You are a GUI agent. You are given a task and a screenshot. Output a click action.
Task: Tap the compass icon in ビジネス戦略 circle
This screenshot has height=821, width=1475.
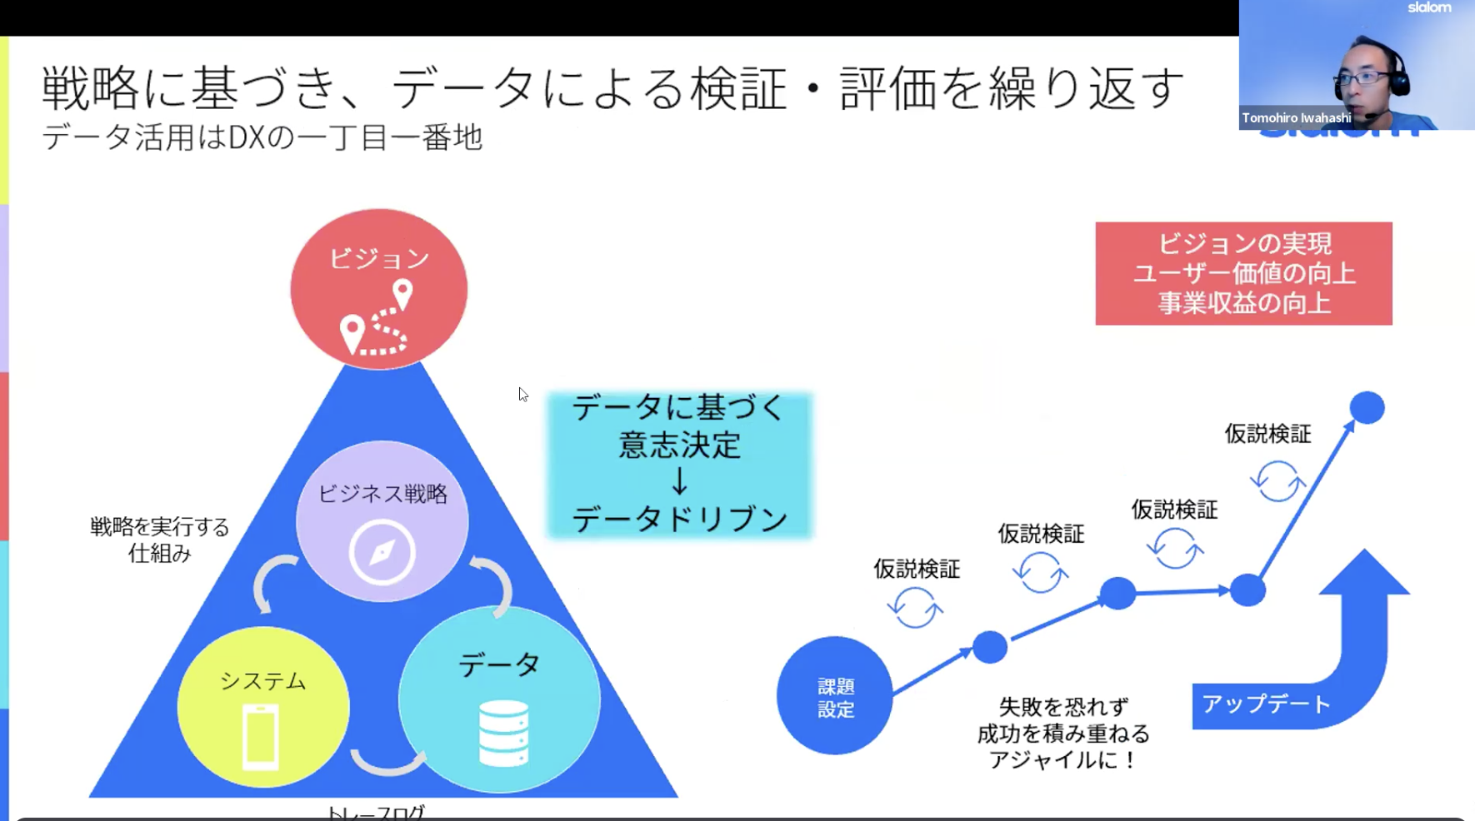point(382,552)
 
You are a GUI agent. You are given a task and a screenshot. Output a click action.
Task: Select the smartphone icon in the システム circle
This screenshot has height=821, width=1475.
point(261,737)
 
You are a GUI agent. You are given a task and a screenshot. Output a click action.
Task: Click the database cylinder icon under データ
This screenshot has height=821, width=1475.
point(503,734)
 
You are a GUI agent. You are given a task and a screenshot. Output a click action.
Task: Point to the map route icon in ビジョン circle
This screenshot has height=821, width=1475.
point(377,320)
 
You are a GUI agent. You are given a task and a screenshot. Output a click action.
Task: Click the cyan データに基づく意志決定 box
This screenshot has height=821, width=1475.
point(679,464)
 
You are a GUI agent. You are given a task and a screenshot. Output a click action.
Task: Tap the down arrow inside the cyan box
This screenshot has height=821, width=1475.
point(679,481)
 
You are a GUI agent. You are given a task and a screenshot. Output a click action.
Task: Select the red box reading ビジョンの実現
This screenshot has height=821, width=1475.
point(1243,273)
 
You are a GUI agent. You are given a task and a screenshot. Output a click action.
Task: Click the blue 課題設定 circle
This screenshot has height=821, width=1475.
point(834,696)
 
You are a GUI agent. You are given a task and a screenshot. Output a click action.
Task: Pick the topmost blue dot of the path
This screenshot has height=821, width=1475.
point(1367,408)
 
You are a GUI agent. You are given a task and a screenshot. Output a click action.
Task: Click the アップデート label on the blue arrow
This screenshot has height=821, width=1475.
point(1266,704)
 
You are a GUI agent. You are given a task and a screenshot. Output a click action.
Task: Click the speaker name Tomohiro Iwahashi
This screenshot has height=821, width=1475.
point(1296,118)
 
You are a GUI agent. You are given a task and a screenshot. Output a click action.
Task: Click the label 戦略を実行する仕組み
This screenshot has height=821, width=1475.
point(159,540)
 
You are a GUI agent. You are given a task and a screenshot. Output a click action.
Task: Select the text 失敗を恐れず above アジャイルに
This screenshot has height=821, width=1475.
point(1062,707)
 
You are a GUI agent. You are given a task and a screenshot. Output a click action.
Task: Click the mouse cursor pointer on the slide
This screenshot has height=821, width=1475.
point(522,394)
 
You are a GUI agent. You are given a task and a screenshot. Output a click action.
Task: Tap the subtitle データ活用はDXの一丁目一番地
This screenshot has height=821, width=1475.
point(262,137)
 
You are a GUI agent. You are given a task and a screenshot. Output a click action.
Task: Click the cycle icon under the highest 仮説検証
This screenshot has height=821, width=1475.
point(1277,481)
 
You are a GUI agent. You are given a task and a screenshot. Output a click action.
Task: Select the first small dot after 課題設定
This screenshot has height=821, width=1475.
point(989,647)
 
